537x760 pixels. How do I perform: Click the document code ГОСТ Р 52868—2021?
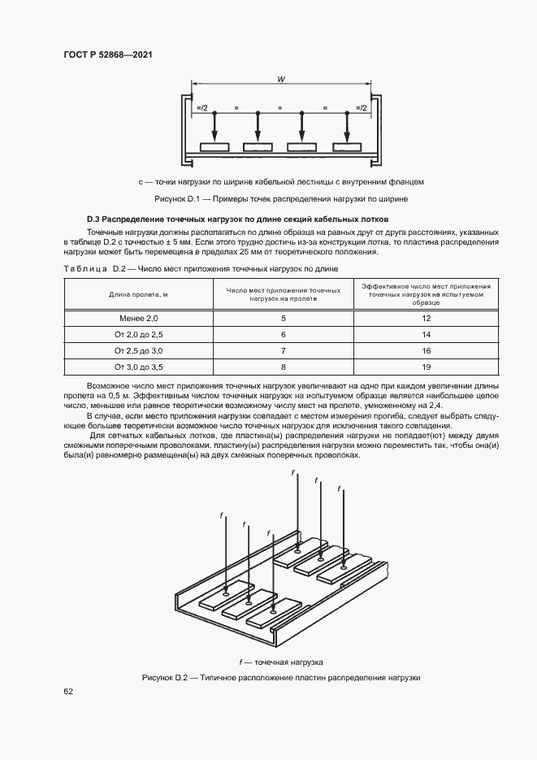coord(107,54)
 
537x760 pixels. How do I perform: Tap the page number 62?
coord(68,691)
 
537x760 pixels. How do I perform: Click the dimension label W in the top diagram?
coord(279,80)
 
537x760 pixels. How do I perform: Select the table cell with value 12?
coord(426,319)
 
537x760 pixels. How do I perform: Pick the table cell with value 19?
coord(426,367)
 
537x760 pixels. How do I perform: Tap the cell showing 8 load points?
coord(284,367)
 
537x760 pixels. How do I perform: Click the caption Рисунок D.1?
coord(280,198)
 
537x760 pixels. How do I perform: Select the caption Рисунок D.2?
coord(281,678)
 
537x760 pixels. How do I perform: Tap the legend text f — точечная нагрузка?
coord(281,662)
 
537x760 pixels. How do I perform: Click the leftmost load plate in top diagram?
coord(214,147)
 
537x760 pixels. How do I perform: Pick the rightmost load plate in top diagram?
coord(347,147)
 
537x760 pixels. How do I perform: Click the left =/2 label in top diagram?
coord(201,107)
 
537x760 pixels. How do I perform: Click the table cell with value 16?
coord(426,350)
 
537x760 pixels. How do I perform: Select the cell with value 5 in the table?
coord(284,319)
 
